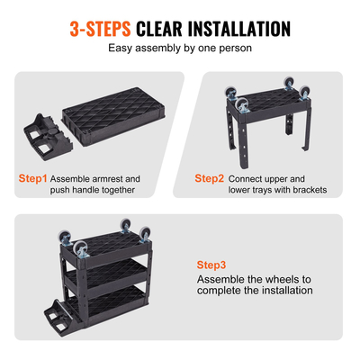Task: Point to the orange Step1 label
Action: [x=32, y=179]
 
